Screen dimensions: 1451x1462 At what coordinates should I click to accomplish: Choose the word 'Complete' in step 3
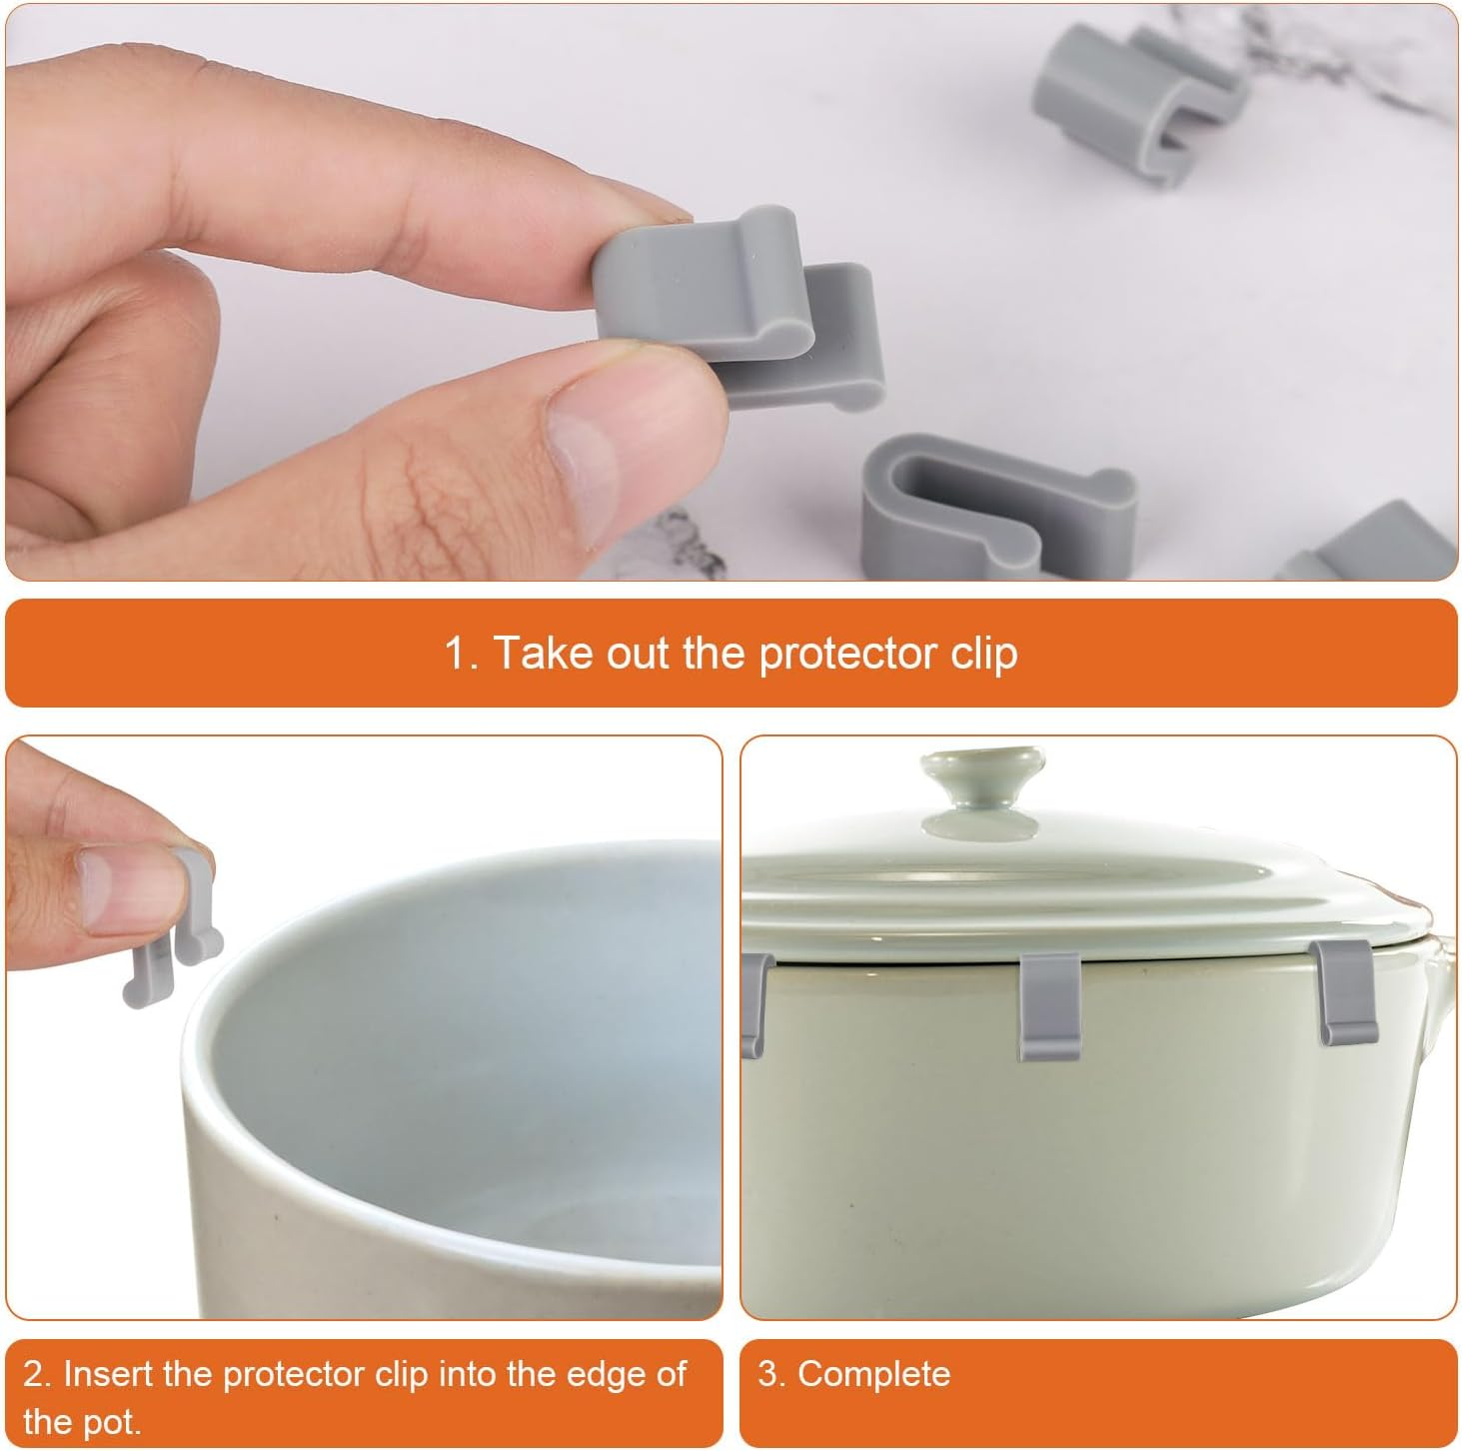873,1374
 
